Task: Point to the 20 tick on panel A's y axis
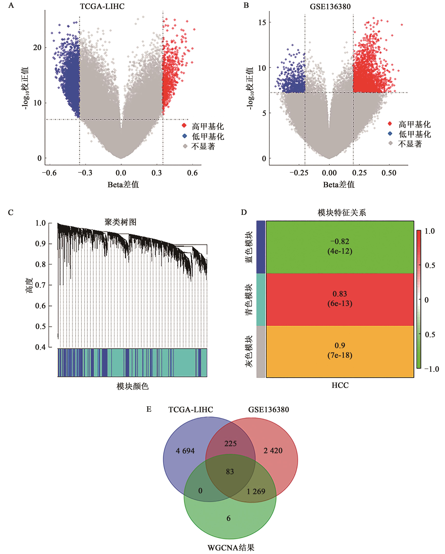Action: (37, 48)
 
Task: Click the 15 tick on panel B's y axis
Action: (262, 23)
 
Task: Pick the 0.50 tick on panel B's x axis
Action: (389, 173)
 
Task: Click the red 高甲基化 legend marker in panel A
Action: (184, 125)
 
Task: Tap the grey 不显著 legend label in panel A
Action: (203, 147)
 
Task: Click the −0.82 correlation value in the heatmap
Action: (340, 241)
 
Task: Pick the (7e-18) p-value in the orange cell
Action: (340, 355)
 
